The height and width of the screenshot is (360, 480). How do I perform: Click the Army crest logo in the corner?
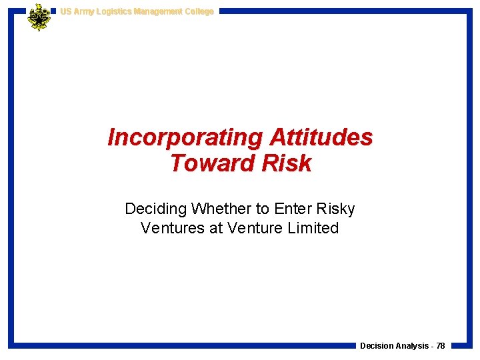click(39, 17)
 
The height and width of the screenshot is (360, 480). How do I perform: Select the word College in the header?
click(199, 11)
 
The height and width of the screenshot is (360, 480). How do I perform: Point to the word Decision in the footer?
click(377, 346)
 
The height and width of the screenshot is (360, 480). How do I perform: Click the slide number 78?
click(441, 346)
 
